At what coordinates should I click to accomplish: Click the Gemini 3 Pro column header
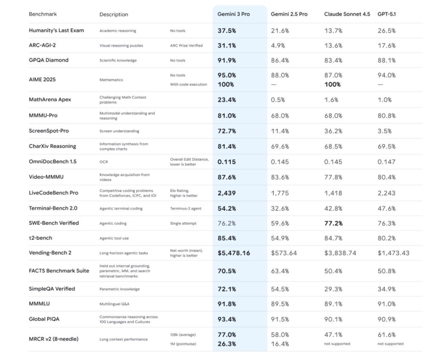[233, 14]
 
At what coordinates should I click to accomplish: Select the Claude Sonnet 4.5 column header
[347, 14]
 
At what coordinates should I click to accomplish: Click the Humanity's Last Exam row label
[56, 31]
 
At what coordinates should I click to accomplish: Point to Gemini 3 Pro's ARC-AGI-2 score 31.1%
[227, 46]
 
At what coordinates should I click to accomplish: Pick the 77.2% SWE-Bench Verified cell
[333, 223]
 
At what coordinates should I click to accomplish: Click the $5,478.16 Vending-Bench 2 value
[234, 253]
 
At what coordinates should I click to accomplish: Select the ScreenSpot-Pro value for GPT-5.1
[384, 131]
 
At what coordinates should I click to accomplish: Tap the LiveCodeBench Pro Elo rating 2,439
[226, 193]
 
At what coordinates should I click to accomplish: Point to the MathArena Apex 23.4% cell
[227, 100]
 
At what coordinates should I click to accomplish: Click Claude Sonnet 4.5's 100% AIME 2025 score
[332, 84]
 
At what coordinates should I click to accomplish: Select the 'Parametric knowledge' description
[119, 289]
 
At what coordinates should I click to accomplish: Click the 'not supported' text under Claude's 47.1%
[337, 344]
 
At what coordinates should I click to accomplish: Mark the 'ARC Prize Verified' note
[186, 46]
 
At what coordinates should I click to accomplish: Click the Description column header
[114, 14]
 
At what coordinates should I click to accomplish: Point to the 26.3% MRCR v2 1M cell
[227, 344]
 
